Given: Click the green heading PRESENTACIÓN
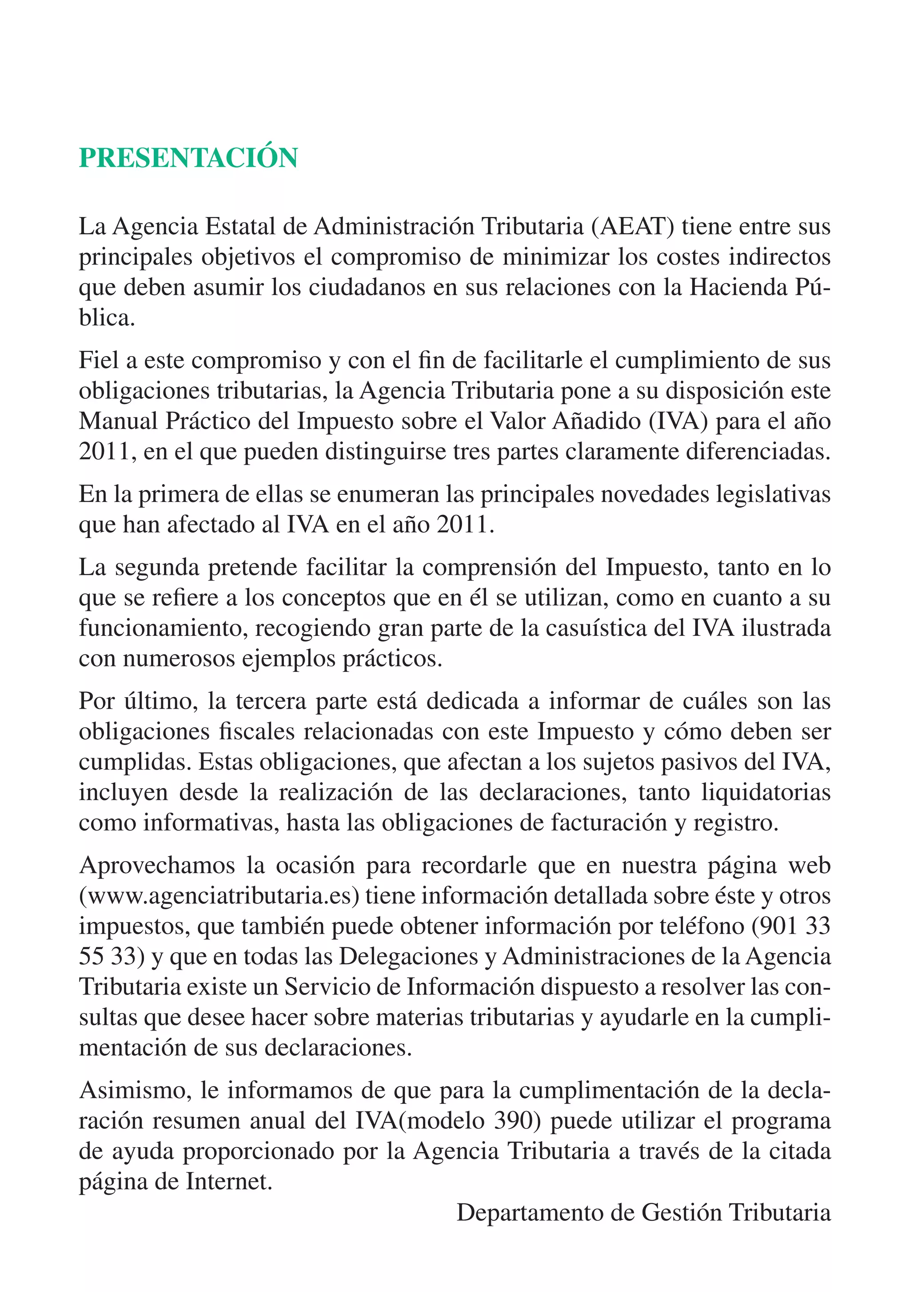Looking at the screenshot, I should [x=188, y=158].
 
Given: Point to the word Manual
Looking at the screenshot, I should [x=118, y=421].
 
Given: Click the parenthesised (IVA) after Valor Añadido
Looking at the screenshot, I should [x=678, y=421].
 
